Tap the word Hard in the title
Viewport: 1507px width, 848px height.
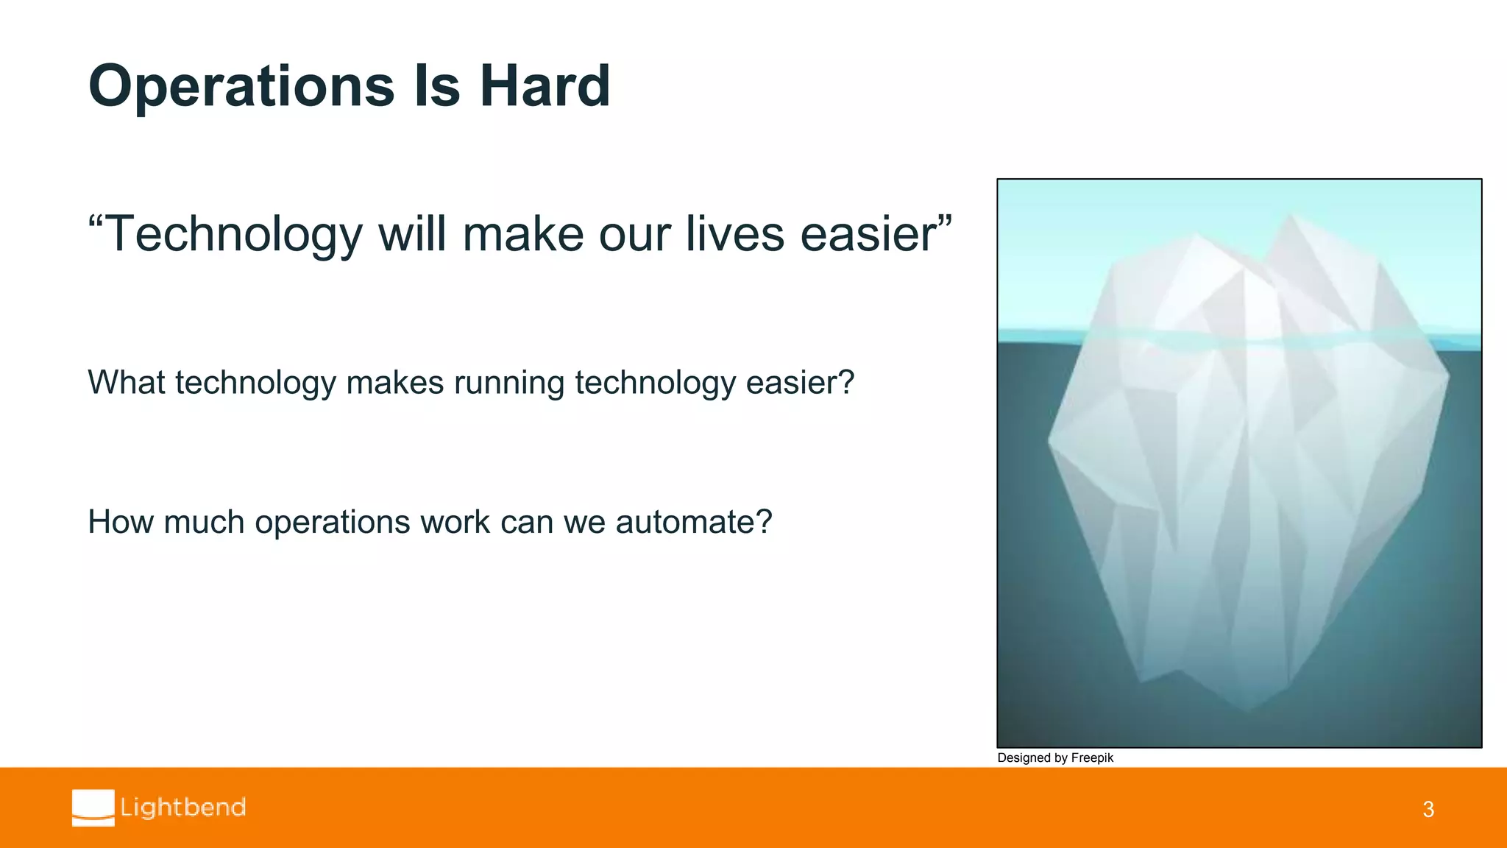tap(545, 85)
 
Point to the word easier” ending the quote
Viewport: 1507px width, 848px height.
tap(876, 234)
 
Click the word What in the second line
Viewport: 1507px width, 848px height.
tap(126, 383)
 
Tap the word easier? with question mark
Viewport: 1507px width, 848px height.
tap(800, 383)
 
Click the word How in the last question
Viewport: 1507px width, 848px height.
tap(118, 522)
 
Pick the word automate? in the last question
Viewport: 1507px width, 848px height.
tap(694, 522)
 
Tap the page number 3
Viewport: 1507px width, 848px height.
tap(1428, 810)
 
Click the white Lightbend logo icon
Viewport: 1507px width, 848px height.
tap(93, 808)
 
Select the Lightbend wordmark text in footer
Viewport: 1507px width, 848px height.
tap(183, 808)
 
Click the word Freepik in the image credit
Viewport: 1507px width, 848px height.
tap(1092, 758)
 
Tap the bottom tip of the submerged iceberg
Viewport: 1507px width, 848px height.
tap(1247, 708)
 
